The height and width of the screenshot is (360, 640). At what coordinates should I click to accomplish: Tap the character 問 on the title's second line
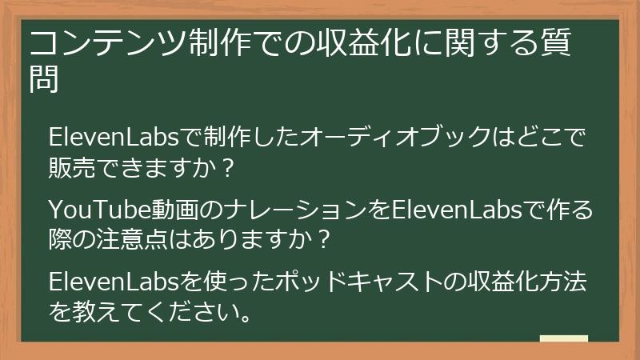point(44,80)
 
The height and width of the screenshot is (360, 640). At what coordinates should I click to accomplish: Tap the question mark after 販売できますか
point(226,169)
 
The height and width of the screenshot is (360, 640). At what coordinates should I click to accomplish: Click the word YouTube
point(89,210)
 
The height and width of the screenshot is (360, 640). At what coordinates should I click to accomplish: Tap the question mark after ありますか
point(322,239)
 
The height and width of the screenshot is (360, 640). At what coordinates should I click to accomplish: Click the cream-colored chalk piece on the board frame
point(563,339)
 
